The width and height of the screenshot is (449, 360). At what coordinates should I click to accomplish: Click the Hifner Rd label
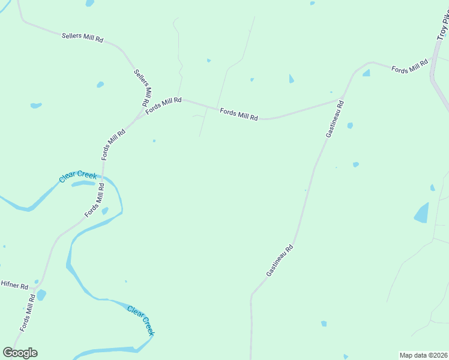coord(14,286)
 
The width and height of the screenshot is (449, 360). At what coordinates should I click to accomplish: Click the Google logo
coord(20,353)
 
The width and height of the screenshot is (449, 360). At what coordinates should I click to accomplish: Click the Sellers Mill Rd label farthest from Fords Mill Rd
coord(83,37)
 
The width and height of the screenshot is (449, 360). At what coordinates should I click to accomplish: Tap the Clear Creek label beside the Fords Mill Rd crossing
coord(77,176)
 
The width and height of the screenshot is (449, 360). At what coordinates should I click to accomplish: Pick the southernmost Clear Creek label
coord(142,320)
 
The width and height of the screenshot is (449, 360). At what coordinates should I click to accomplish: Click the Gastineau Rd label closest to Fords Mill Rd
coord(335,119)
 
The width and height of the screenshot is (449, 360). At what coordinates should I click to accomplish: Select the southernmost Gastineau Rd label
coord(280,260)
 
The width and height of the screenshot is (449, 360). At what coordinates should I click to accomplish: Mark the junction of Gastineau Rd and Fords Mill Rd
coord(343,98)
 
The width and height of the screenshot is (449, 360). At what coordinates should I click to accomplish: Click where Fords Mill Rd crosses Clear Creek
coord(103,178)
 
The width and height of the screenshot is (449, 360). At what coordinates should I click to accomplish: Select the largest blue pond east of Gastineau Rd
coord(422,213)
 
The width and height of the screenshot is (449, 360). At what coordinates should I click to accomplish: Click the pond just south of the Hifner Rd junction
coord(41,295)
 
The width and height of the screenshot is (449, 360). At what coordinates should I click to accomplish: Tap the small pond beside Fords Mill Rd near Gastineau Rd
coord(366,73)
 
